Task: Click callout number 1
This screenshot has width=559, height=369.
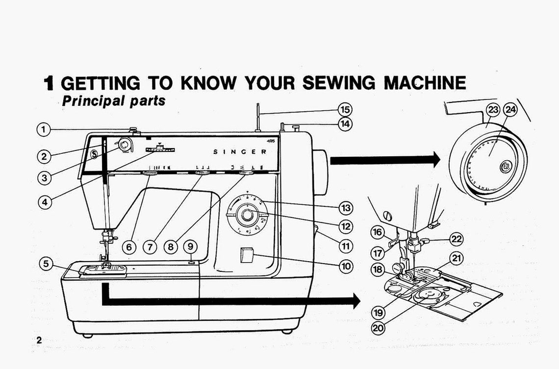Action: pos(44,130)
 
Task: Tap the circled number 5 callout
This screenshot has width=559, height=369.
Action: pos(46,264)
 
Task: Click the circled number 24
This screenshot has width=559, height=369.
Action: pos(510,110)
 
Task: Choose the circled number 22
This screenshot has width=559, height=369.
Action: pos(457,239)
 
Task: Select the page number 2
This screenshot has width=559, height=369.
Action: pos(39,340)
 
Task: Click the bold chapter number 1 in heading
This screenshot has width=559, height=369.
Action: pos(48,84)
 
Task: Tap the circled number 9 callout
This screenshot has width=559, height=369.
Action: pos(191,246)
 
